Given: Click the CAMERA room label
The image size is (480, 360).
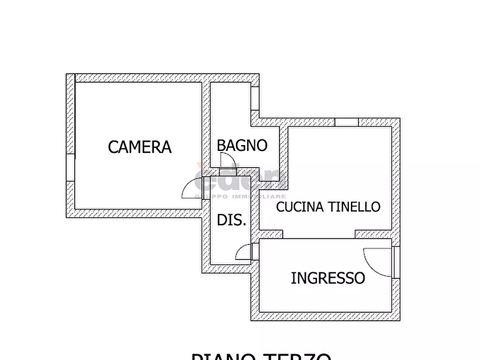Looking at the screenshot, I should click(x=140, y=147).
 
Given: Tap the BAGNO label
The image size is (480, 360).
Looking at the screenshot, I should click(x=242, y=145).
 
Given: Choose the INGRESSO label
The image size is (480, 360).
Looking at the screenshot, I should click(x=328, y=278).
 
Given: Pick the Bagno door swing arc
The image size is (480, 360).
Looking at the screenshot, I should click(x=226, y=159).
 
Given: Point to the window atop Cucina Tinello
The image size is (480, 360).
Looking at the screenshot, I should click(x=347, y=122).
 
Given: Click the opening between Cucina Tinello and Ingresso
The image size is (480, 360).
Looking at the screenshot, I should click(x=319, y=235).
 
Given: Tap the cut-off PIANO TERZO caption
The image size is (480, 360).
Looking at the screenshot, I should click(x=261, y=356).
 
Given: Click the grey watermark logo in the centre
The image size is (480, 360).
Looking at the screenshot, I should click(x=237, y=183).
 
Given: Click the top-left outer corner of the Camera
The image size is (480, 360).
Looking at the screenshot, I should click(x=67, y=74).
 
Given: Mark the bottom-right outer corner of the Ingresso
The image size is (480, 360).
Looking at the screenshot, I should click(x=399, y=320).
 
